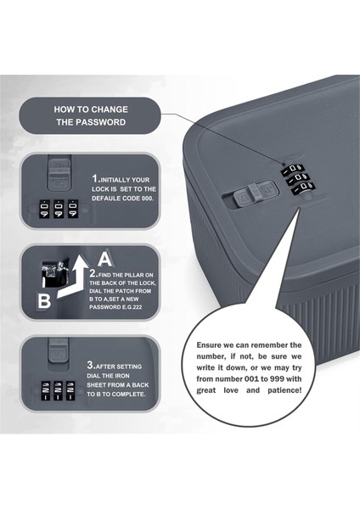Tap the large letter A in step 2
point(104,259)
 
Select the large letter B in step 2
point(44,301)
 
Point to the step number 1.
point(94,178)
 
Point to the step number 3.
point(90,365)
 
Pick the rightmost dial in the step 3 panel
point(70,390)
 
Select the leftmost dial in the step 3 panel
point(46,390)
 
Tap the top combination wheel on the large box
point(292,169)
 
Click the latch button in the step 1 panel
point(59,173)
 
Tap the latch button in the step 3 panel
point(59,350)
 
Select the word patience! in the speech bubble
point(284,390)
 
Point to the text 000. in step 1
point(148,199)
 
